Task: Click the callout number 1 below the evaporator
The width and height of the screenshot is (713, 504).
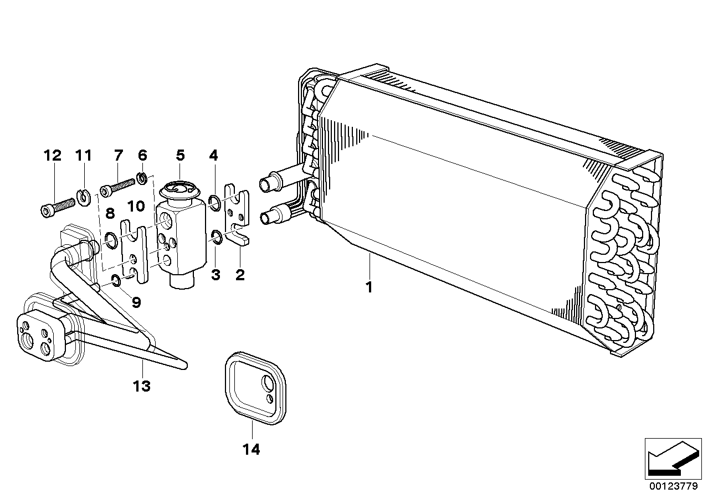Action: coord(368,287)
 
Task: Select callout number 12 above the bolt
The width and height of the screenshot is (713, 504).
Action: coord(53,156)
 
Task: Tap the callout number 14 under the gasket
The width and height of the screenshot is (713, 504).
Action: coord(252,449)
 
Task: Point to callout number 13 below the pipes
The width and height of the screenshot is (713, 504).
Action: coord(142,385)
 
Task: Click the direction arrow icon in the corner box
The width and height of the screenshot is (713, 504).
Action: coord(671,457)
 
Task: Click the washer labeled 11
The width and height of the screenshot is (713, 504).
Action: coord(84,196)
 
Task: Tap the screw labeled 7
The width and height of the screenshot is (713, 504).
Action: coord(118,187)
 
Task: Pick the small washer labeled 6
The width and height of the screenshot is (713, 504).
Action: coord(142,179)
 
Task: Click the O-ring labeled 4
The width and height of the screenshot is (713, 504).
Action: coord(216,203)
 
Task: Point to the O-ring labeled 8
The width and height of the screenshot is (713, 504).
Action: coord(110,240)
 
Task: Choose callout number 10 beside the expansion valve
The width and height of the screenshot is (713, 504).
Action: coord(135,207)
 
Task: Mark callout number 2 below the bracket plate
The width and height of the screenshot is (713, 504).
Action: coord(239,274)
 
